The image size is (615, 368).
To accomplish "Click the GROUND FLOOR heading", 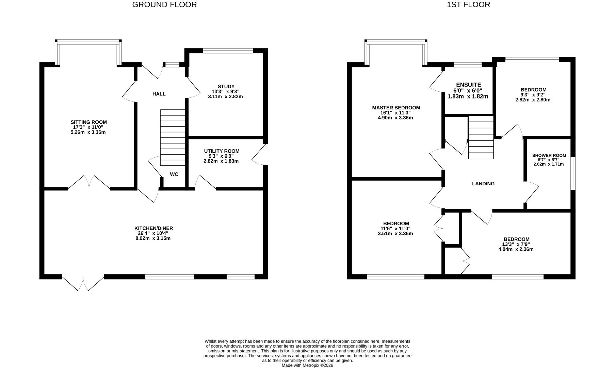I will [164, 5].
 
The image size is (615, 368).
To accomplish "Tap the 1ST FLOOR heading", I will [468, 5].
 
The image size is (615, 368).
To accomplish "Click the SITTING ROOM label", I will [88, 122].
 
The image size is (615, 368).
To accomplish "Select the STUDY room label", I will [226, 87].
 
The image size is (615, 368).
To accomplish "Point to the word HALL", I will [159, 94].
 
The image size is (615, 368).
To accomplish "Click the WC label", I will [174, 174].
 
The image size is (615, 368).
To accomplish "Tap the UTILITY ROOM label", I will [222, 151].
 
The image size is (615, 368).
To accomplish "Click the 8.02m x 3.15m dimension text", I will [153, 238].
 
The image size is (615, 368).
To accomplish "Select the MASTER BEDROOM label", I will [396, 108].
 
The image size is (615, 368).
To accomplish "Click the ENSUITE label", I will [468, 85].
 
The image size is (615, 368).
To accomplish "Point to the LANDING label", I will [483, 184].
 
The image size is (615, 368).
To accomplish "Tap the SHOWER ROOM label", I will [549, 156].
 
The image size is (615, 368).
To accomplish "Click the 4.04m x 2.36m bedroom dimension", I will [516, 249].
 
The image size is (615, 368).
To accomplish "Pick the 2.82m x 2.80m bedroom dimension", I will [533, 100].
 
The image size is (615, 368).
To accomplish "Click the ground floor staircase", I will [173, 138].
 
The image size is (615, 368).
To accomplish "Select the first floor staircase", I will [481, 137].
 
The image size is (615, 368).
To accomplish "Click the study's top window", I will [228, 51].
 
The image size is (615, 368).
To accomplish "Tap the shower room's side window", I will [573, 173].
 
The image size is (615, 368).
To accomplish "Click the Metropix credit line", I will [307, 365].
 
